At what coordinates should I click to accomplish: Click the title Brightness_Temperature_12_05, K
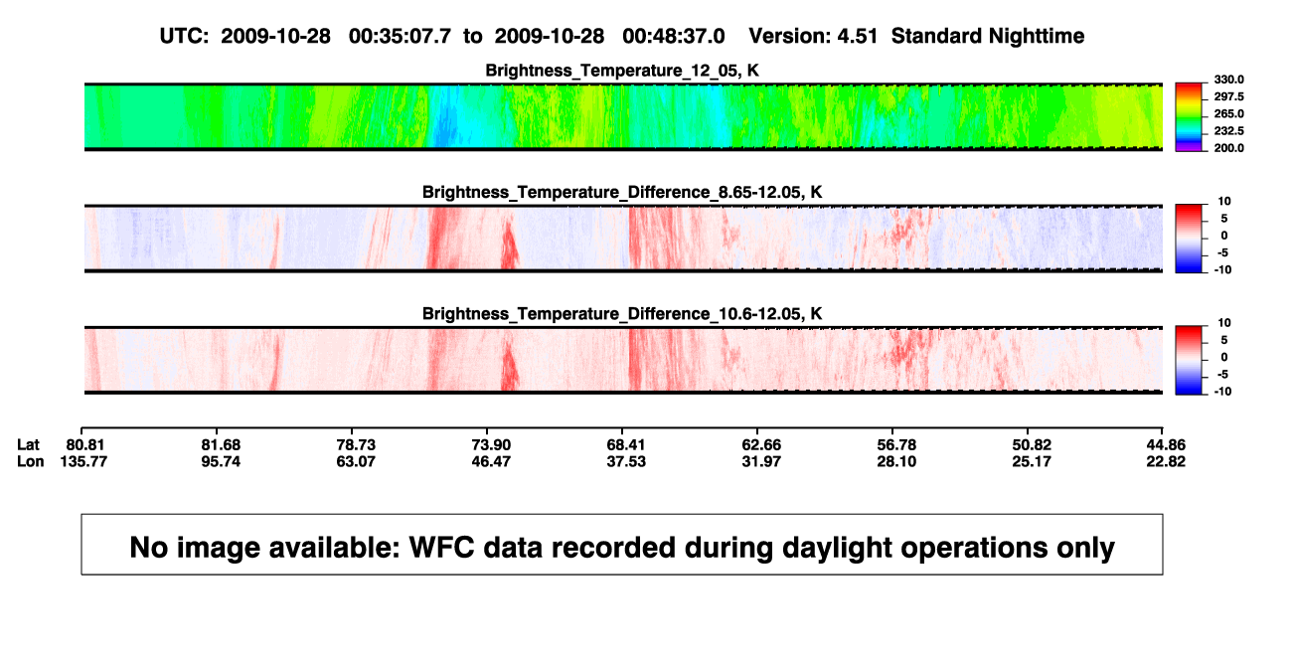[622, 71]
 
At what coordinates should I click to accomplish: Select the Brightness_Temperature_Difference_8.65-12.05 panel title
[622, 192]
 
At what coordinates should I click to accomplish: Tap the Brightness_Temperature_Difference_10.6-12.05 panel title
[622, 314]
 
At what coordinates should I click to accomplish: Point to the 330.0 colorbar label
[1228, 80]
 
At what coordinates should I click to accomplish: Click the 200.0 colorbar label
[1228, 148]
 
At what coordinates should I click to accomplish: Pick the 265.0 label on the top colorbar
[1228, 113]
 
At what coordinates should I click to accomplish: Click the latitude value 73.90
[491, 445]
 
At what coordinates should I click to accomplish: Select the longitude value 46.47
[491, 461]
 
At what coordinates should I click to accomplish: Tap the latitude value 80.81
[84, 445]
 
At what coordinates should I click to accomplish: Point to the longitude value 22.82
[1166, 461]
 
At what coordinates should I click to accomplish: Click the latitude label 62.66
[761, 445]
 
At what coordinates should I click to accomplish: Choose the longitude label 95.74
[221, 461]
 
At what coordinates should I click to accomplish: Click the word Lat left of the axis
[28, 445]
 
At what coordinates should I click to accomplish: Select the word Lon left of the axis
[31, 461]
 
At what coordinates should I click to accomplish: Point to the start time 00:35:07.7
[400, 37]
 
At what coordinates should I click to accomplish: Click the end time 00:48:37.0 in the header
[674, 37]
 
